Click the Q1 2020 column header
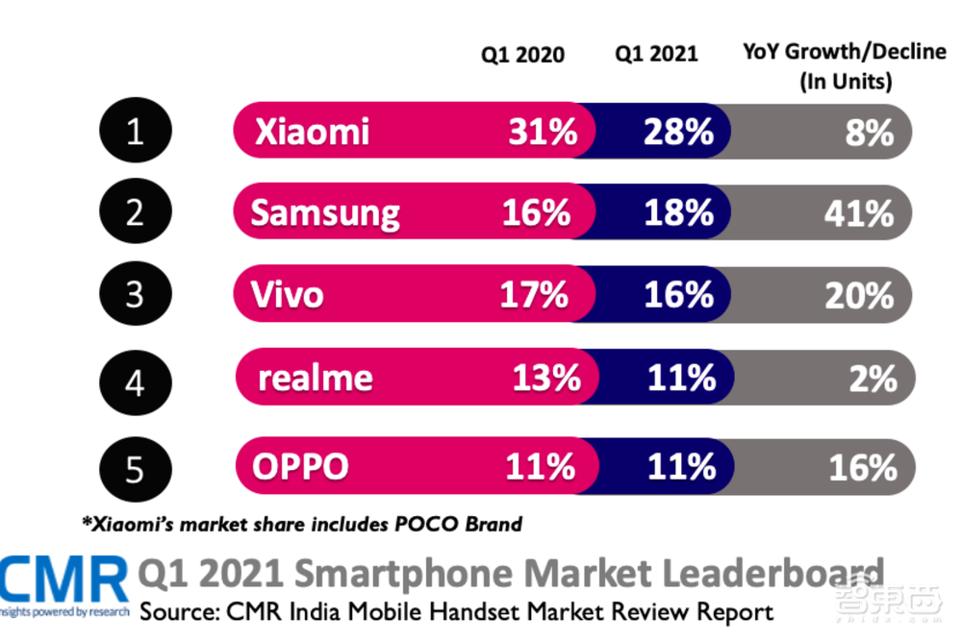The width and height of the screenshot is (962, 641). point(523,55)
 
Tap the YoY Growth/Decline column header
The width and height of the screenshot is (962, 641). point(844,65)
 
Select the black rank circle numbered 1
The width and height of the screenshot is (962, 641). point(135,131)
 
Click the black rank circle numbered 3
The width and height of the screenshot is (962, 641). point(135,294)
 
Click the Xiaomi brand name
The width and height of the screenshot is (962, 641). point(313,131)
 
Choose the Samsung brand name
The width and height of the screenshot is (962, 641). point(325,212)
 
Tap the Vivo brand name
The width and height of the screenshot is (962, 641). point(288,294)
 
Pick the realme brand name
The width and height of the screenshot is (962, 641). point(315,378)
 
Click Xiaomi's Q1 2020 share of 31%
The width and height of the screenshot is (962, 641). point(542,131)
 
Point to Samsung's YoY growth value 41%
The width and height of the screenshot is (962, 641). point(858,212)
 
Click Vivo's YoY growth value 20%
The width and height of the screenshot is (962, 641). point(858,294)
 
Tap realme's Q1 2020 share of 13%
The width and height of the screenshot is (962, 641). point(545,378)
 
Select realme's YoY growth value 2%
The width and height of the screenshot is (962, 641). point(872,378)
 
